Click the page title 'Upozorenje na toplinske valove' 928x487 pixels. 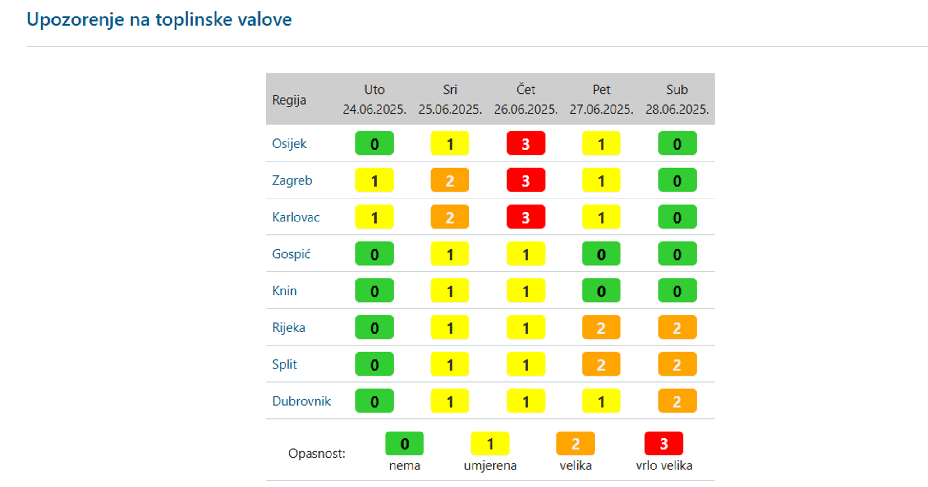tap(159, 19)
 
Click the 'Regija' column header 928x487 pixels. tap(289, 100)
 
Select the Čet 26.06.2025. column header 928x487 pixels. tap(525, 99)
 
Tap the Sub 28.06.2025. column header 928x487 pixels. tap(676, 99)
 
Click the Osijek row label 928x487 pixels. tap(289, 143)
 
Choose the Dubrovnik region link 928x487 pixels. tap(301, 401)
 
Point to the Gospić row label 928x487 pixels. tap(291, 254)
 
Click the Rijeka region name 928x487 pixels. tap(289, 327)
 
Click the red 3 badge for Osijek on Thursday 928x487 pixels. tap(525, 143)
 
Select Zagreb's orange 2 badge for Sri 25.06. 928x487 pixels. tap(450, 180)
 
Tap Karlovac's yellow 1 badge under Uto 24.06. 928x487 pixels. tap(374, 217)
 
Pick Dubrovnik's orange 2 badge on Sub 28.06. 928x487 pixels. tap(677, 401)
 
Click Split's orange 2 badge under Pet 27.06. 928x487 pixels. tap(601, 364)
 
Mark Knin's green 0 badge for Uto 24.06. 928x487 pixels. tap(374, 291)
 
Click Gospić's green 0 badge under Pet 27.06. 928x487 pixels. tap(601, 254)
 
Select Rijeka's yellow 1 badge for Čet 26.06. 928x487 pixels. tap(525, 327)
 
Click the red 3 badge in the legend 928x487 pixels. tap(663, 444)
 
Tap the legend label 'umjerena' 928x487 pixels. tap(490, 465)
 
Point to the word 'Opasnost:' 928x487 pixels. tap(317, 453)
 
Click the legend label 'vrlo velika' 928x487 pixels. tap(664, 465)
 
